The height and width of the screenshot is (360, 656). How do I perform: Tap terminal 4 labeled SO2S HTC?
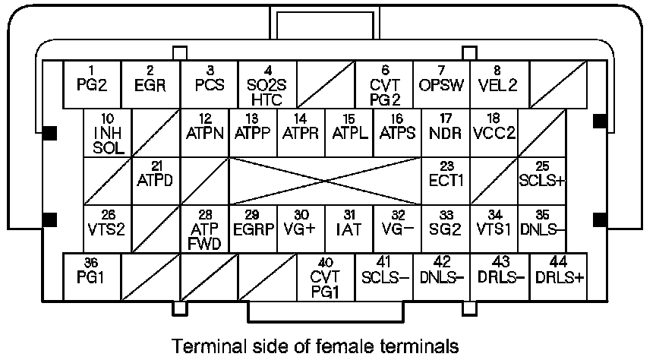pos(267,84)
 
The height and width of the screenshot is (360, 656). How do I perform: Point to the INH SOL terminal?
pos(108,133)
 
